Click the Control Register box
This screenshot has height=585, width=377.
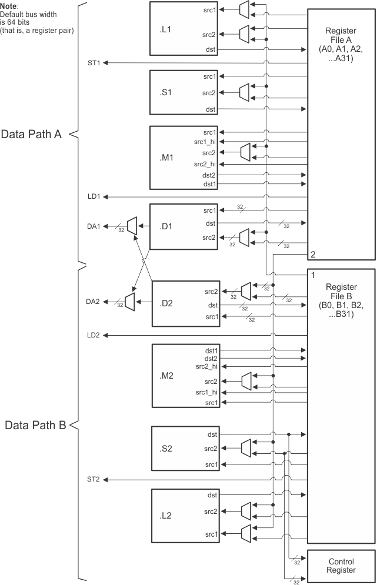point(341,566)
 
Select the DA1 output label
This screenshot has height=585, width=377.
point(94,226)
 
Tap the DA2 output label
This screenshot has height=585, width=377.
point(94,302)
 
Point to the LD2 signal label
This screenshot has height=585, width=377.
point(94,335)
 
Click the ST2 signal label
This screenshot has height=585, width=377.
point(94,480)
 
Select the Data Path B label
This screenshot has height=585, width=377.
point(33,425)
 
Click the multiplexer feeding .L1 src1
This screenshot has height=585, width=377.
point(245,8)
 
